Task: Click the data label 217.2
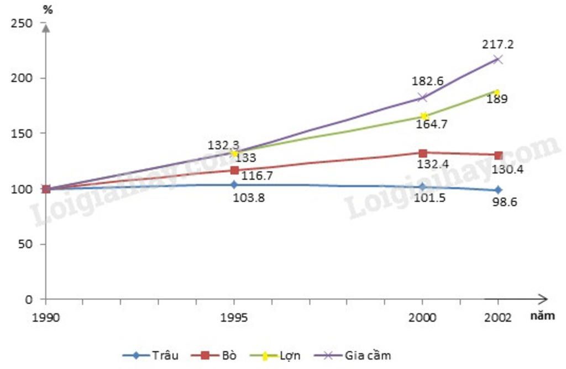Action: coord(498,44)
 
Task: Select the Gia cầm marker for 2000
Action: coord(423,98)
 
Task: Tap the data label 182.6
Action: coord(427,81)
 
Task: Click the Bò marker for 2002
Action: coord(498,155)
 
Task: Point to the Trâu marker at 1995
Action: coord(234,184)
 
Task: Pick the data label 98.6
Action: coord(505,203)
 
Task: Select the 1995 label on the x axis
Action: coord(234,318)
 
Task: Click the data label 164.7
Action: coord(432,124)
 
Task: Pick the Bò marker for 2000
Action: coord(423,153)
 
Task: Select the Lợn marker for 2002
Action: coord(497,93)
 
